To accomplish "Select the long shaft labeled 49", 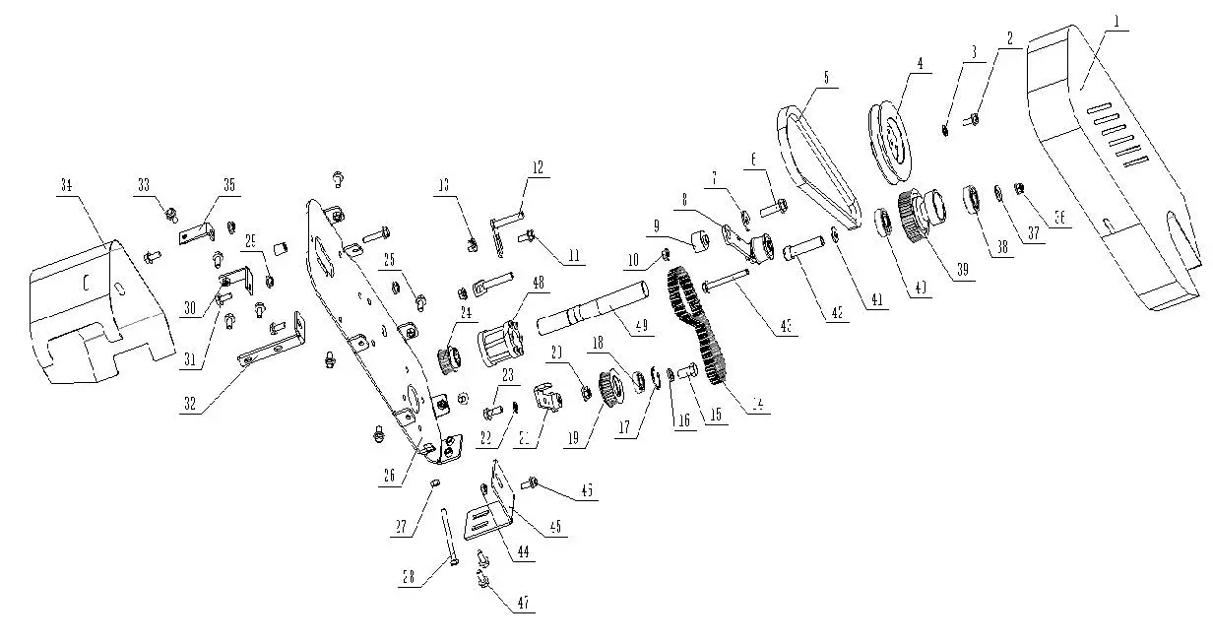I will [591, 305].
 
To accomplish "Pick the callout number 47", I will [523, 604].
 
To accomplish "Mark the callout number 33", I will [144, 184].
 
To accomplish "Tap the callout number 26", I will [390, 474].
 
